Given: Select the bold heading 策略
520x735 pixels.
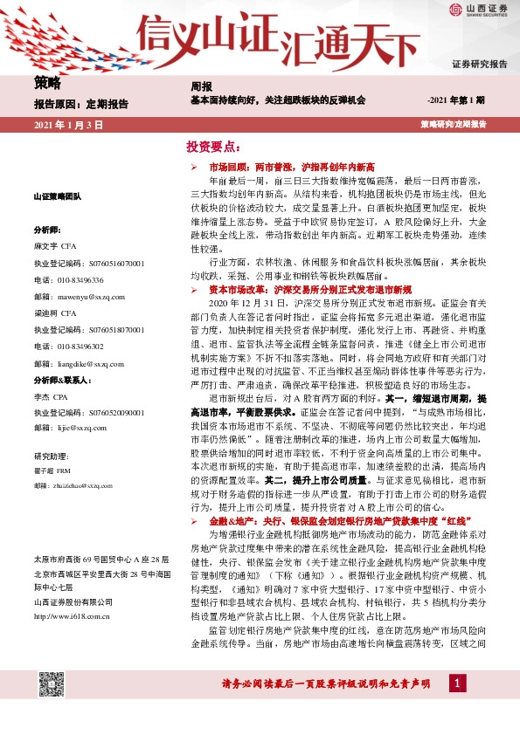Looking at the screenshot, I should tap(47, 84).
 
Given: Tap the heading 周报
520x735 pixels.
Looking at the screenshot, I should tap(201, 88).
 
